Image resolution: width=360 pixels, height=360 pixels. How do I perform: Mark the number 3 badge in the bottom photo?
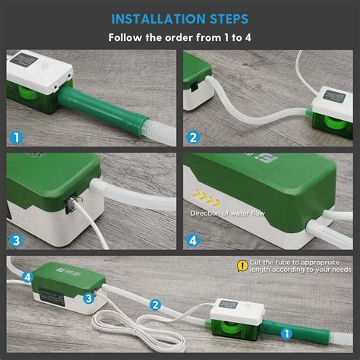point(88,298)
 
